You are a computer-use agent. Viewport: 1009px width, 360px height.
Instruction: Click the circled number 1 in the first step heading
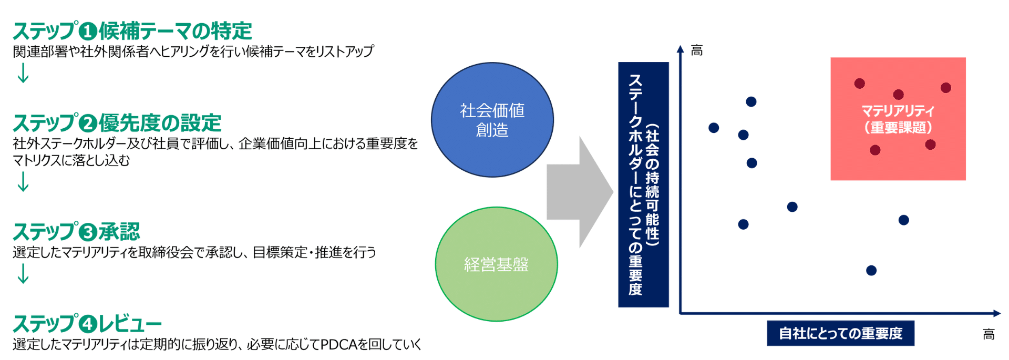point(88,32)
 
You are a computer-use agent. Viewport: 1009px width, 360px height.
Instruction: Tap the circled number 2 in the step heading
point(88,124)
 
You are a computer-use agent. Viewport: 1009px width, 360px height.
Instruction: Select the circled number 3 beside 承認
point(88,232)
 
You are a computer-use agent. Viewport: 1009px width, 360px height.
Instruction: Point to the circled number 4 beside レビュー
point(88,324)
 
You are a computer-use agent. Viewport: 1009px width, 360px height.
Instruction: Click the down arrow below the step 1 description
point(23,74)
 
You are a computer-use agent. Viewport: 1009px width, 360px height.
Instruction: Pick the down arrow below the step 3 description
point(23,274)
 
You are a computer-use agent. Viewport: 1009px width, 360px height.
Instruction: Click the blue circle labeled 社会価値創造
point(492,120)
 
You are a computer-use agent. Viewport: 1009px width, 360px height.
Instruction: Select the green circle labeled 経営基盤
point(496,264)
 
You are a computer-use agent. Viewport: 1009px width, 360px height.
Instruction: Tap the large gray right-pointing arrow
point(579,192)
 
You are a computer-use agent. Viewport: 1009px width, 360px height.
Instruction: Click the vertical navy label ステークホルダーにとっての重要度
point(643,184)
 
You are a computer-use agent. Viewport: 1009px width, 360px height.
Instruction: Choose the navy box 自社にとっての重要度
point(840,333)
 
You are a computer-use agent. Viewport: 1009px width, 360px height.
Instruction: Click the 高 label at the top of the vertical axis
point(697,50)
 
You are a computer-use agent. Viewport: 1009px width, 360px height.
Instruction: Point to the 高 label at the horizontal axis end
point(989,334)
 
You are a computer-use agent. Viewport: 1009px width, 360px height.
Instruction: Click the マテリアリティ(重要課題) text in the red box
point(898,119)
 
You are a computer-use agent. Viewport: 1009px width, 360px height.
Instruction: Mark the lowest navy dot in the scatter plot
point(871,271)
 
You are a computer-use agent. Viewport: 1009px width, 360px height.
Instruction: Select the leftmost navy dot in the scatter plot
point(714,128)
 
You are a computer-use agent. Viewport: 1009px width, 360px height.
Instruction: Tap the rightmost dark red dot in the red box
point(946,88)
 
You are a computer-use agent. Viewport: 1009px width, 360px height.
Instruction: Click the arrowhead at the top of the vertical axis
point(681,49)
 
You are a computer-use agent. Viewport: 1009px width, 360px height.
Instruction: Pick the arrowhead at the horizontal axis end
point(997,314)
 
